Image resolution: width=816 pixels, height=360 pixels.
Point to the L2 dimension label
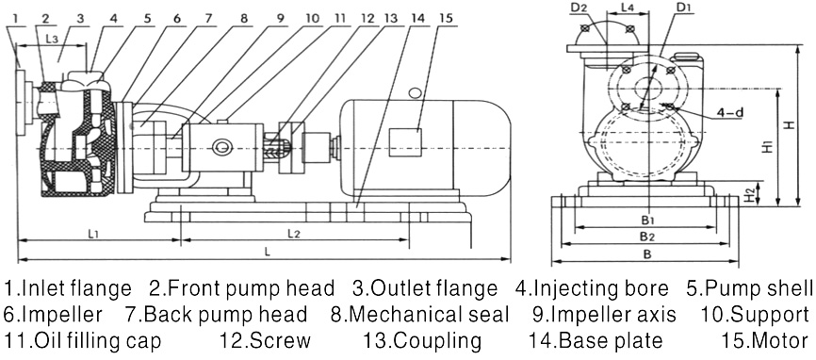293,232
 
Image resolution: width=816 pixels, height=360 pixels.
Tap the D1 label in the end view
683,9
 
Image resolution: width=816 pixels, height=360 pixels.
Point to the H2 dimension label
748,194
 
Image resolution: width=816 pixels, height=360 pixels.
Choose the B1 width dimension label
647,220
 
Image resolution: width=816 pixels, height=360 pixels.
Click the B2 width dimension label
646,236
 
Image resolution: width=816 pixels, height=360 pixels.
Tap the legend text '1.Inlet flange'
69,286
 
